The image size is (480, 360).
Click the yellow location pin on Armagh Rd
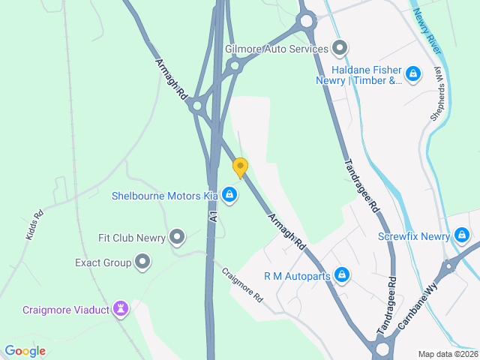(240, 167)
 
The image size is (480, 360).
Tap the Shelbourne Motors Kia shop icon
(229, 196)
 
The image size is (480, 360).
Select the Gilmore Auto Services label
(277, 49)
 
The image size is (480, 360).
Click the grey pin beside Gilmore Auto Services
(340, 49)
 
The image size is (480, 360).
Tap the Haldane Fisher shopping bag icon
(412, 73)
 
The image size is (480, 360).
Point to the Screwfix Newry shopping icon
(462, 236)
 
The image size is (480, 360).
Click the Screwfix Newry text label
(413, 236)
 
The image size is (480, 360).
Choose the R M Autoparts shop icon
(342, 275)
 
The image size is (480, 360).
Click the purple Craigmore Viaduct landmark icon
(121, 309)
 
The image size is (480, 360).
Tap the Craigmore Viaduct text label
(65, 310)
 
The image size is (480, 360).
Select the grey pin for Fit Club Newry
(177, 238)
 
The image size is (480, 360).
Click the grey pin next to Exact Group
(143, 262)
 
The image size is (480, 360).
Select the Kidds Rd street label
(34, 223)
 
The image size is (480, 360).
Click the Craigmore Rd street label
(242, 285)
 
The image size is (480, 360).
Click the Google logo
(25, 350)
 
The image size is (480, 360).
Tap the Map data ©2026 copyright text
(447, 354)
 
